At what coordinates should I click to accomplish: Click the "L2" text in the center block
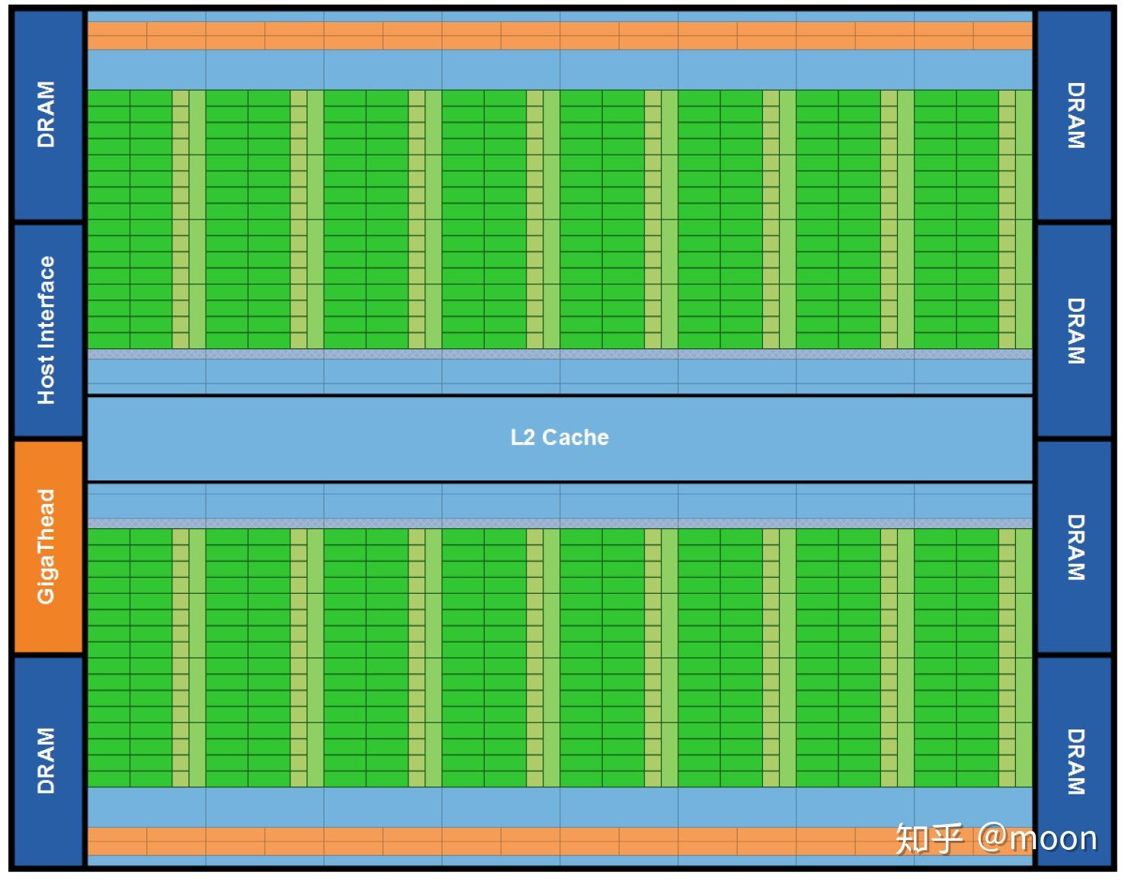[523, 438]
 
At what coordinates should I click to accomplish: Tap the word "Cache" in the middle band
[575, 438]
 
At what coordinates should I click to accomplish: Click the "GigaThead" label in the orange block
[46, 547]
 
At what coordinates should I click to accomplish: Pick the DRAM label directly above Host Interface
[46, 114]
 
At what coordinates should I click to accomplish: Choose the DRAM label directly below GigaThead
[46, 760]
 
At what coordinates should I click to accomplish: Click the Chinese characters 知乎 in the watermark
[928, 839]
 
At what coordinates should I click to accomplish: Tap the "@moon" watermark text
[1037, 839]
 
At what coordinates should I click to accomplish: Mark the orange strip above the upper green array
[560, 36]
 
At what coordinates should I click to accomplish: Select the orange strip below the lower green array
[560, 842]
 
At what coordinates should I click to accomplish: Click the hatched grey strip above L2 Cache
[560, 354]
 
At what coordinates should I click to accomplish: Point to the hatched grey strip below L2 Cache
[560, 524]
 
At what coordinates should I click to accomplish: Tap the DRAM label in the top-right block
[1075, 115]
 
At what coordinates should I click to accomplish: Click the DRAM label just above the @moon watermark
[1075, 762]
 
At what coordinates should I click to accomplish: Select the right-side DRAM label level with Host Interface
[1075, 331]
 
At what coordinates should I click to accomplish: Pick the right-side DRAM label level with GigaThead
[1075, 547]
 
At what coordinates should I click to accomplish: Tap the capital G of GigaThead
[46, 595]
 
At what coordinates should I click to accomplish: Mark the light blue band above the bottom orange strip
[560, 807]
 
